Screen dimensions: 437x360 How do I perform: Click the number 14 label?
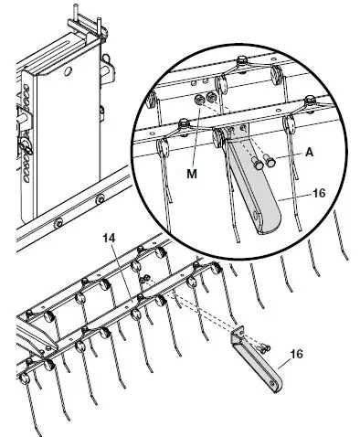(109, 238)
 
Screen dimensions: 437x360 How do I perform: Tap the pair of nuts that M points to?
(206, 97)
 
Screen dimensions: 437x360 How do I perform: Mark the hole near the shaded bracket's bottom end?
(267, 219)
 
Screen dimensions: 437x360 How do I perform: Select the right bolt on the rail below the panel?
(101, 198)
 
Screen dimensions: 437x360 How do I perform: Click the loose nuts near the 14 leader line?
(144, 277)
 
